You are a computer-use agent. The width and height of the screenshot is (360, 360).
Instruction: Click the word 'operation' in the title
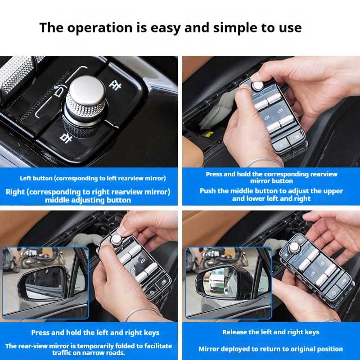click(x=99, y=28)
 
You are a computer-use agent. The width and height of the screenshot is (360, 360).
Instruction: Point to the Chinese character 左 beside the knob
click(x=115, y=85)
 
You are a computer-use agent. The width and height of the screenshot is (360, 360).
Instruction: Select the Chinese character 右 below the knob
click(x=66, y=138)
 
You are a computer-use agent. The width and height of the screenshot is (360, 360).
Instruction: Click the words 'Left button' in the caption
click(x=36, y=178)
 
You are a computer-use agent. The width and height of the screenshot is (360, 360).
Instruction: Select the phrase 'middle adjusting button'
click(x=88, y=200)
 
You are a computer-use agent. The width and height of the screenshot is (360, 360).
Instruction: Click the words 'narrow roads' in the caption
click(x=105, y=353)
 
